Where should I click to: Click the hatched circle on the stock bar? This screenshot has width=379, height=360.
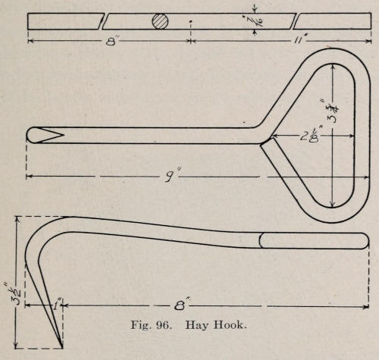160,21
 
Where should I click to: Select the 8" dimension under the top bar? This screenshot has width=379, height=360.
111,42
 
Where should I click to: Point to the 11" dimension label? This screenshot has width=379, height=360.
301,40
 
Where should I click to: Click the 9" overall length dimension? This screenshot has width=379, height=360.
172,176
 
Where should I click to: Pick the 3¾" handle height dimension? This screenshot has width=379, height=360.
334,111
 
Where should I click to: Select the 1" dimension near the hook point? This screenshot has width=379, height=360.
56,305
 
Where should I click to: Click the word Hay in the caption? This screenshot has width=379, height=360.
196,325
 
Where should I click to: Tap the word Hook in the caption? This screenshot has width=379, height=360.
229,325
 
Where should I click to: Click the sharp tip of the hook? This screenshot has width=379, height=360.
61,347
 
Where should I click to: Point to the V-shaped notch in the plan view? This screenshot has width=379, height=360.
52,135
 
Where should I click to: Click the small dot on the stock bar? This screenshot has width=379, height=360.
190,21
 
